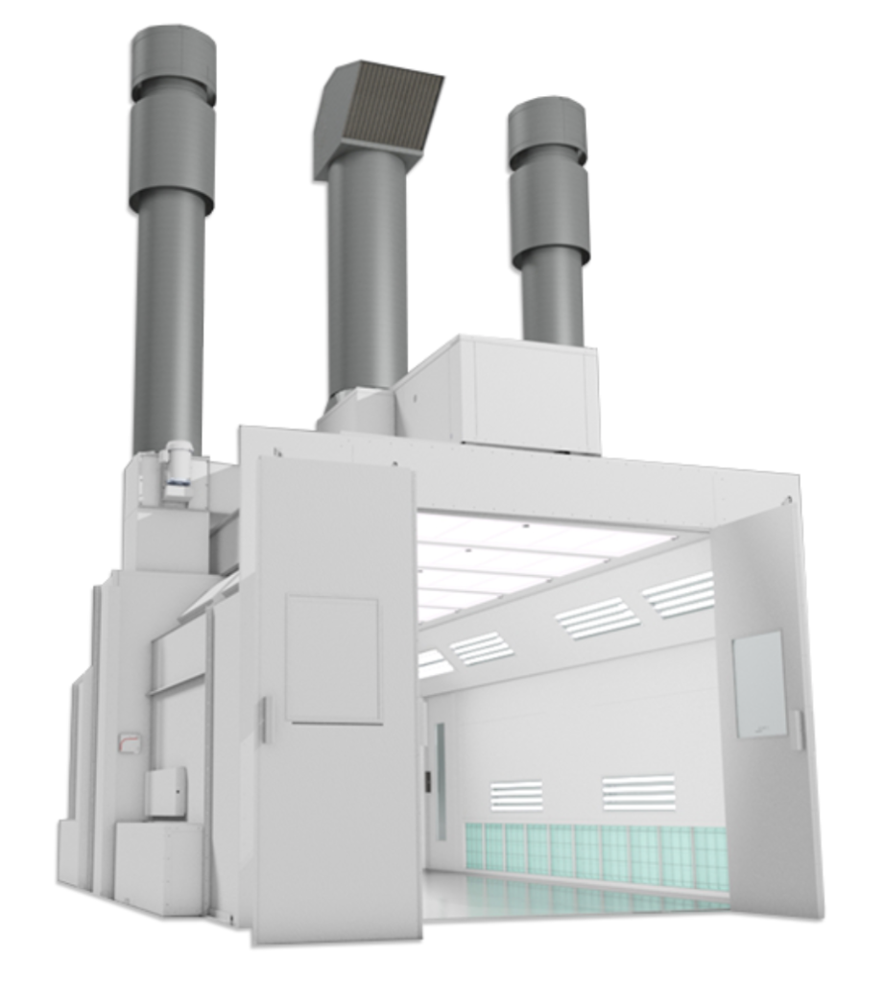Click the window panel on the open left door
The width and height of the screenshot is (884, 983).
[x=333, y=659]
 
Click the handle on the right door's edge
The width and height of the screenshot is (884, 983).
[x=797, y=730]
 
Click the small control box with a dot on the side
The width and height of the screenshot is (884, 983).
[x=166, y=792]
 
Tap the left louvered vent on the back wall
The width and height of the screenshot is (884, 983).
[x=516, y=795]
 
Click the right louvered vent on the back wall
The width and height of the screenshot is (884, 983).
[x=639, y=793]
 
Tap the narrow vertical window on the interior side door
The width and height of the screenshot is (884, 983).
[x=441, y=778]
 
